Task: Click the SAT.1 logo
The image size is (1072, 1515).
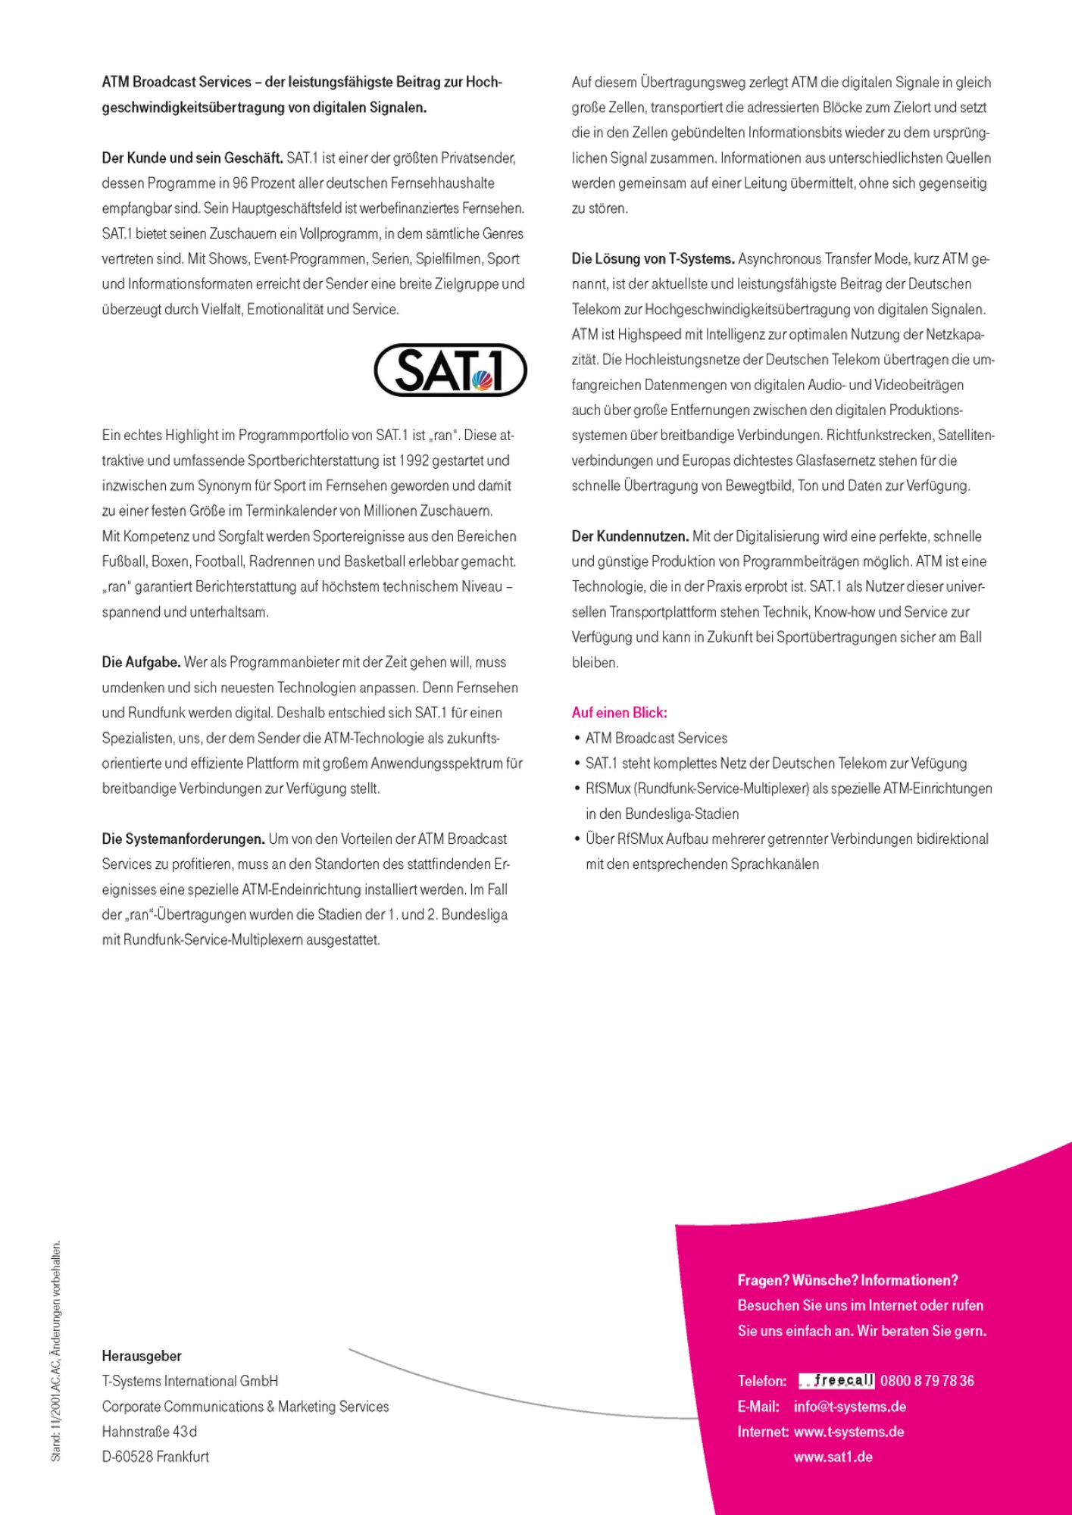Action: pyautogui.click(x=451, y=370)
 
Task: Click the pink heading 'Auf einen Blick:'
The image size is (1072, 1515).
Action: pyautogui.click(x=619, y=713)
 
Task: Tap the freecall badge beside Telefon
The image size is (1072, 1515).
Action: pyautogui.click(x=836, y=1381)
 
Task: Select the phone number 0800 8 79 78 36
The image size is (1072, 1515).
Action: pyautogui.click(x=927, y=1381)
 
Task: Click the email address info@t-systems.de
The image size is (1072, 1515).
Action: pyautogui.click(x=850, y=1407)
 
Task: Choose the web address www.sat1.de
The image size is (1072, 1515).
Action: pyautogui.click(x=833, y=1457)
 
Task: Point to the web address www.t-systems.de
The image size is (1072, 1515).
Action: pyautogui.click(x=849, y=1432)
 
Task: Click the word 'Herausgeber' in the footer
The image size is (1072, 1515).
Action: pyautogui.click(x=142, y=1356)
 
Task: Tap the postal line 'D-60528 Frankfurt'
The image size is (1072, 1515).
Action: pyautogui.click(x=155, y=1457)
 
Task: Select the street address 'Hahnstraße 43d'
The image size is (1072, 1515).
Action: pyautogui.click(x=149, y=1432)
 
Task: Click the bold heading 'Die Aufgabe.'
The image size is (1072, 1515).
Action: pyautogui.click(x=141, y=662)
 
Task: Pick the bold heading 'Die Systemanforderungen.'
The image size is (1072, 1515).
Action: pyautogui.click(x=183, y=839)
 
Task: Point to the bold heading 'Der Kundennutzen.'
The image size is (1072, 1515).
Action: pyautogui.click(x=630, y=536)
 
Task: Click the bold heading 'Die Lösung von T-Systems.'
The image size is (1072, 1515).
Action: pyautogui.click(x=653, y=259)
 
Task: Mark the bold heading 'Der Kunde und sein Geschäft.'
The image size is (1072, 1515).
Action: pyautogui.click(x=192, y=158)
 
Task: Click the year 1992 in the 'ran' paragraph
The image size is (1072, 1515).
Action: pyautogui.click(x=414, y=461)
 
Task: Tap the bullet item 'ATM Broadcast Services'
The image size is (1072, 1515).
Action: pyautogui.click(x=656, y=738)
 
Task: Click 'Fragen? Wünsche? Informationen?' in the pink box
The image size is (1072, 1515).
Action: pyautogui.click(x=848, y=1280)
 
